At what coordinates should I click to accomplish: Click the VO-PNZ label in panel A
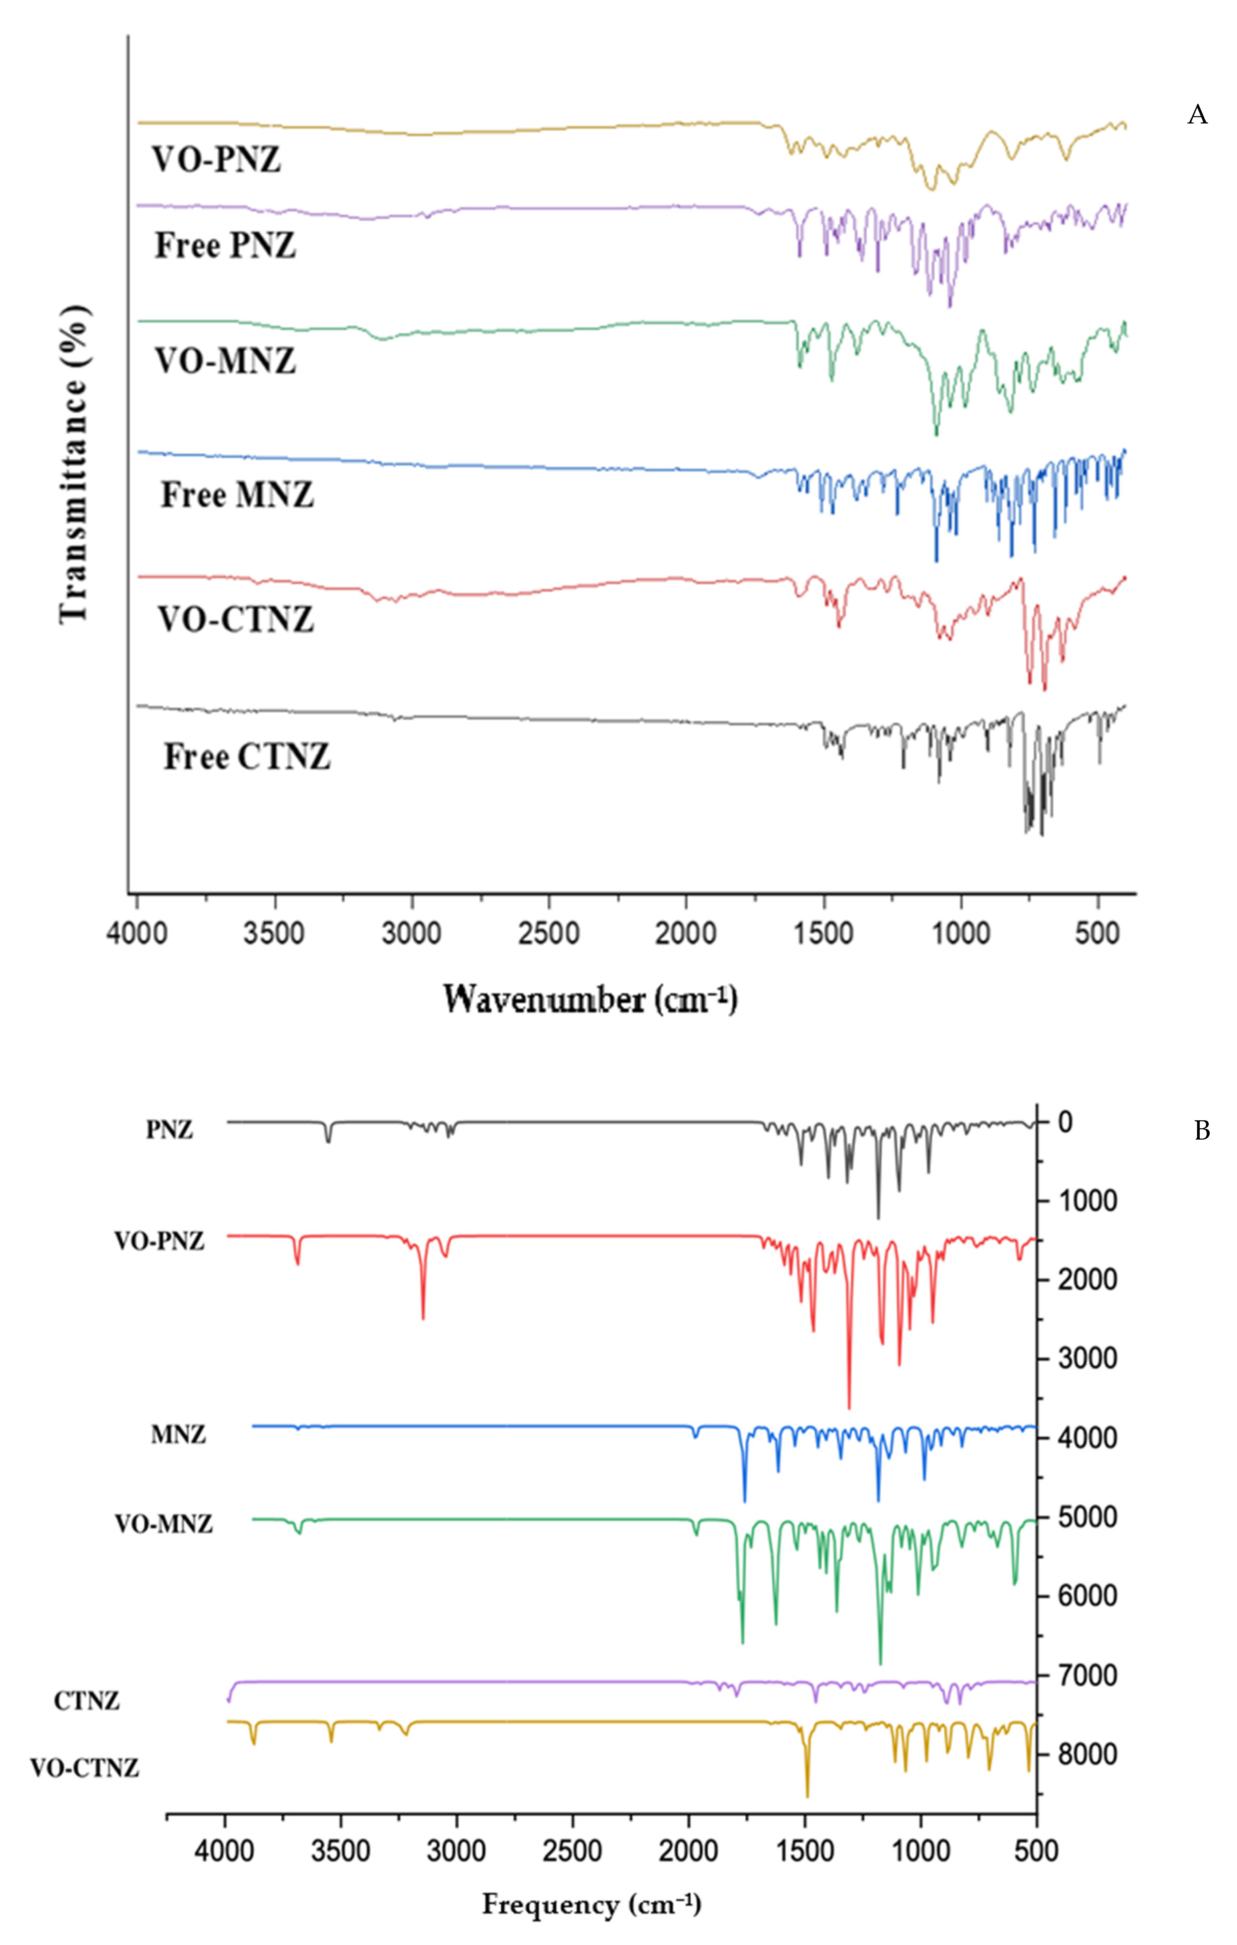point(216,160)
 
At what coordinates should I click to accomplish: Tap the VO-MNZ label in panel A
point(225,361)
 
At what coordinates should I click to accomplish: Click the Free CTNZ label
point(247,757)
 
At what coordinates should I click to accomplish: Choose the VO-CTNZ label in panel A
point(235,619)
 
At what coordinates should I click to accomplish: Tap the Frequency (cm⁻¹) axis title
point(592,1905)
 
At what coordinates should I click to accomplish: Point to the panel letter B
point(1201,1131)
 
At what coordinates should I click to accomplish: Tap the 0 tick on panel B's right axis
point(1065,1122)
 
